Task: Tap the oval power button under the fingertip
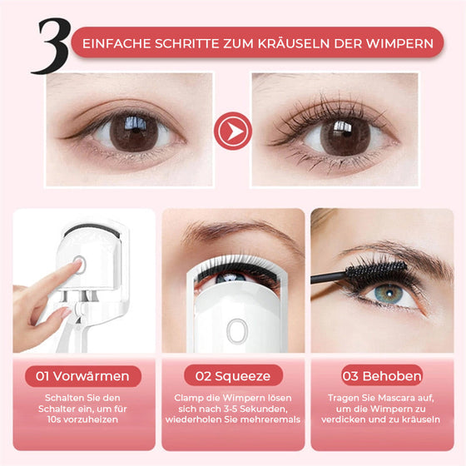[x=78, y=266]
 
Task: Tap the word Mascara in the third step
[x=391, y=398]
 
